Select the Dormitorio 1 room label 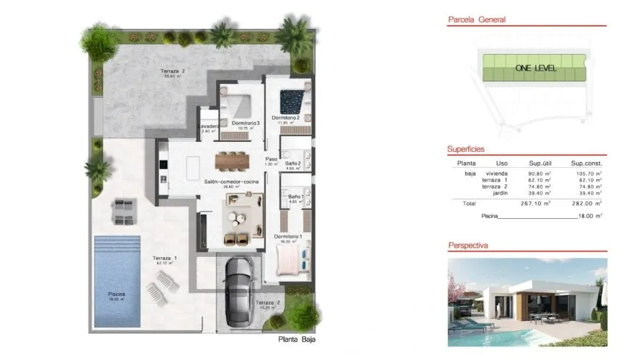tap(288, 236)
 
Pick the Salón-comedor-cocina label tap(231, 181)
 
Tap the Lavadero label tap(208, 127)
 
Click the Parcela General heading tap(476, 20)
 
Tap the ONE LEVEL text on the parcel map tap(533, 68)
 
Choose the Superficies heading tap(465, 149)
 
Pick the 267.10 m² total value tap(536, 203)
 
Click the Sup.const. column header tap(585, 163)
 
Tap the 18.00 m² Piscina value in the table tap(589, 215)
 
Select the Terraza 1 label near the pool tap(165, 258)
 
